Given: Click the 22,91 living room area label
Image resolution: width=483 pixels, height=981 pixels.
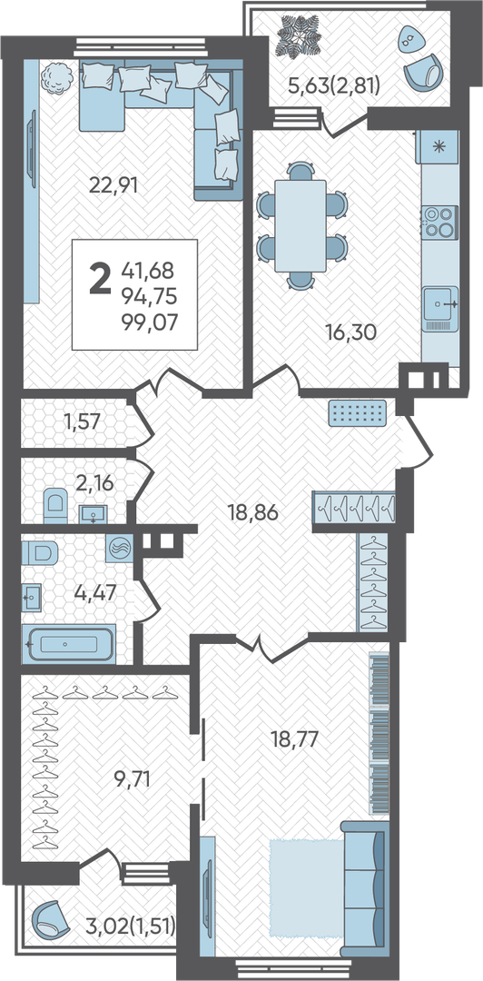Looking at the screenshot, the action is point(113,185).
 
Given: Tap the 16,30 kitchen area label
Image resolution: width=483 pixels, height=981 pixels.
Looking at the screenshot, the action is point(351,332).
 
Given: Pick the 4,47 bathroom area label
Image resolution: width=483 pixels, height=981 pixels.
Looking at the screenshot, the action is point(96,591).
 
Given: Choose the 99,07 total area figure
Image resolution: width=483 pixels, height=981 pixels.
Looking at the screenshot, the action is point(150,322).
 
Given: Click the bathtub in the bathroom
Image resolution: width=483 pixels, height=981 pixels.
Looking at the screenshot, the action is point(69,643).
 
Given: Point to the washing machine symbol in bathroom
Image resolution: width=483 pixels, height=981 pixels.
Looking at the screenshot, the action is point(118,549).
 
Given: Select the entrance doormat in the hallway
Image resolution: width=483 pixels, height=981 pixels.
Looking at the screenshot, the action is point(357,412).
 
